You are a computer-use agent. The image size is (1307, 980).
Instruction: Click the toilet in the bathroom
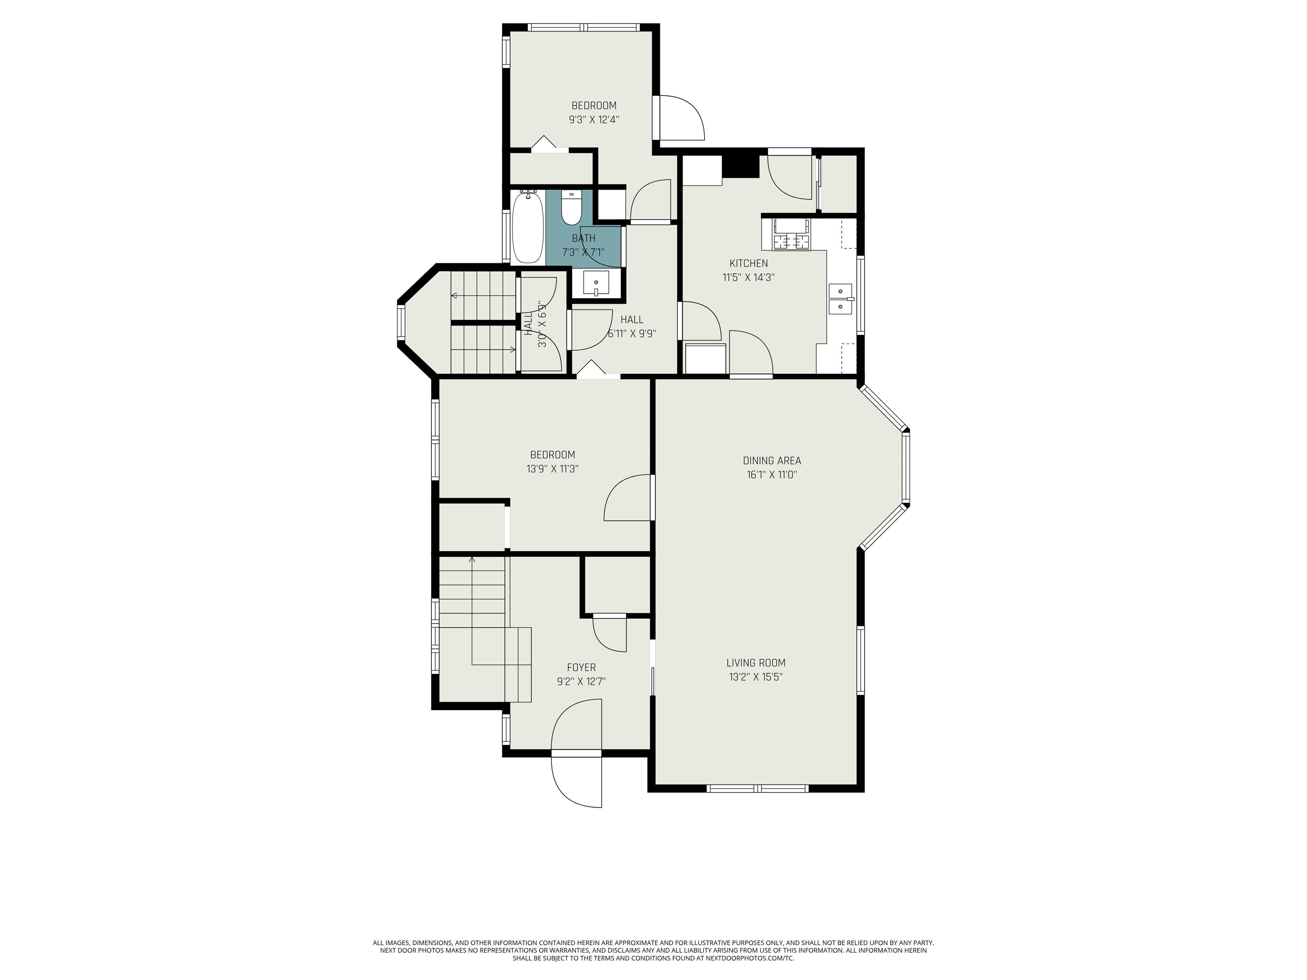click(571, 208)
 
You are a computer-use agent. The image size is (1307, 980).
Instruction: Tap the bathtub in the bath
click(527, 228)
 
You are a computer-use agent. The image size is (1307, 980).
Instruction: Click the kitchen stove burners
click(792, 242)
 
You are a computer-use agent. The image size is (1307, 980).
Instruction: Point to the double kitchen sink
click(840, 299)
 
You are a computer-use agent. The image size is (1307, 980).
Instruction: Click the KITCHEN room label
click(749, 263)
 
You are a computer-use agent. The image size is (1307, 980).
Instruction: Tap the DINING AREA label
click(772, 460)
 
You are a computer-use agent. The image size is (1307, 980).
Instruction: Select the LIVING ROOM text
click(756, 663)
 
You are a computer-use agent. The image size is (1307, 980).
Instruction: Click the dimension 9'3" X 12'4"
click(594, 120)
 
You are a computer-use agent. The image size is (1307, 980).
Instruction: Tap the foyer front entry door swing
click(576, 726)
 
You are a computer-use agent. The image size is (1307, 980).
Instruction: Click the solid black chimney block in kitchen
click(741, 166)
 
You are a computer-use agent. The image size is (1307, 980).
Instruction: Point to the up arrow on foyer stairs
click(471, 559)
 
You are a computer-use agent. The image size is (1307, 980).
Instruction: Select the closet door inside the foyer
click(610, 633)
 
